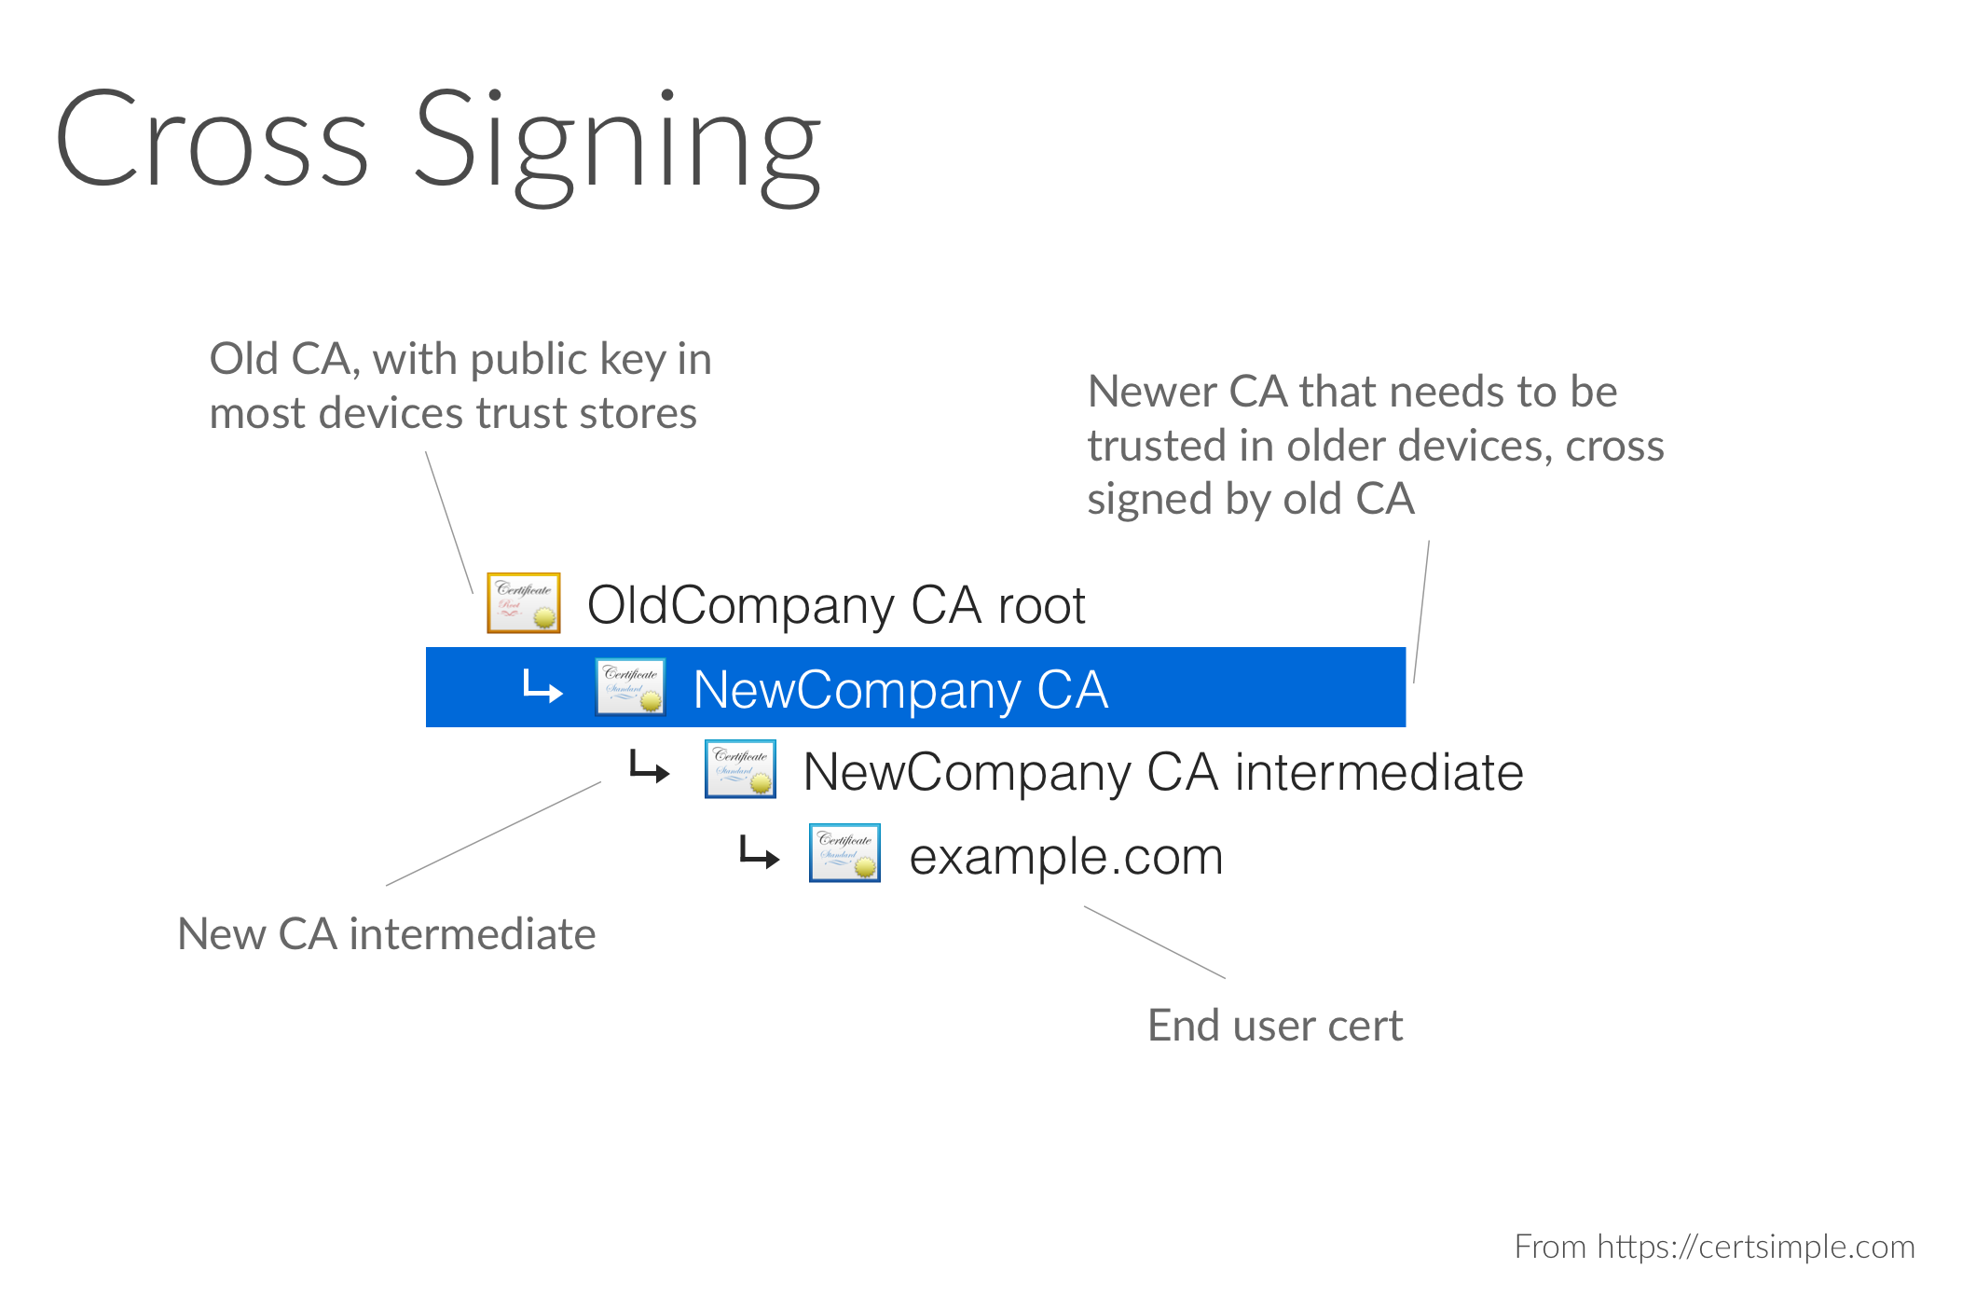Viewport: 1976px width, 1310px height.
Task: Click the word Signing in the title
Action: (617, 146)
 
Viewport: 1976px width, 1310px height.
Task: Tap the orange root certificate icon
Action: (524, 603)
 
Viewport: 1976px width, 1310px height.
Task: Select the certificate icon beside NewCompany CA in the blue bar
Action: (630, 687)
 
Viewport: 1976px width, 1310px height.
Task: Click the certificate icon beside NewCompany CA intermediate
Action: (740, 769)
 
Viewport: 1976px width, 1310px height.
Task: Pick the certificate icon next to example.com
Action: (844, 852)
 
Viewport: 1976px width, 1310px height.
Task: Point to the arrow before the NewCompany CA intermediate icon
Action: (650, 767)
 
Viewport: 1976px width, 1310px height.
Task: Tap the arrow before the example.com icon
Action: (759, 852)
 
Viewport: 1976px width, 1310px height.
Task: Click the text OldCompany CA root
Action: (836, 605)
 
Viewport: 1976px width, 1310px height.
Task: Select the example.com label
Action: (1065, 857)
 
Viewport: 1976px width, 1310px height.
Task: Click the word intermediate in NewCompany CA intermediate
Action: (1379, 772)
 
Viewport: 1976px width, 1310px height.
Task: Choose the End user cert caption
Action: (1275, 1026)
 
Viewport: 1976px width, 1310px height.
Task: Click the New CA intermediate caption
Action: (387, 933)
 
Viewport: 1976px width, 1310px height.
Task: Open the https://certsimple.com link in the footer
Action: (1756, 1247)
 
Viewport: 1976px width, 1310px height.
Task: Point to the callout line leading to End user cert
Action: (1155, 942)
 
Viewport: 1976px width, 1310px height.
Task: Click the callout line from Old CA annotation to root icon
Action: (449, 522)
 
